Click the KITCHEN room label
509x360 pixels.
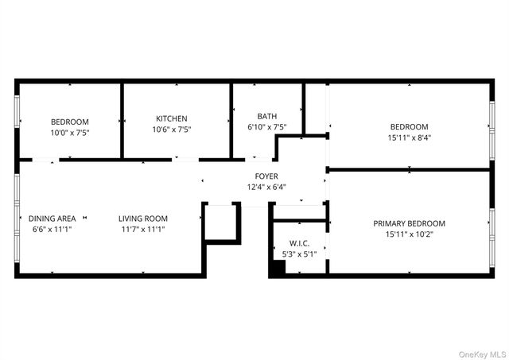(x=172, y=118)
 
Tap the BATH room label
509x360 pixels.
(x=266, y=116)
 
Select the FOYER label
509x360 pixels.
(x=266, y=176)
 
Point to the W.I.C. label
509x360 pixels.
(x=299, y=243)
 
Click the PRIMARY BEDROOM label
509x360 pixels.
(x=409, y=223)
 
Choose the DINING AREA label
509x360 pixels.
(x=52, y=219)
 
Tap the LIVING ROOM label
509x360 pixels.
(x=143, y=219)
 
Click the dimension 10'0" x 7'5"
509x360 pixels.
(x=70, y=133)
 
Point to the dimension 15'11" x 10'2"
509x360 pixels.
(x=409, y=234)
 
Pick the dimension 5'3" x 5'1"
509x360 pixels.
(x=299, y=254)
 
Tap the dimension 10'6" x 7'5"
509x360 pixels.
(x=172, y=130)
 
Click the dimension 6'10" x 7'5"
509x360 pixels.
(x=266, y=127)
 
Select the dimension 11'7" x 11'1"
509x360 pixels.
(x=143, y=230)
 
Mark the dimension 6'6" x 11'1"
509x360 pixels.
(x=52, y=230)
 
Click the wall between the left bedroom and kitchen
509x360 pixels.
(x=121, y=119)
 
